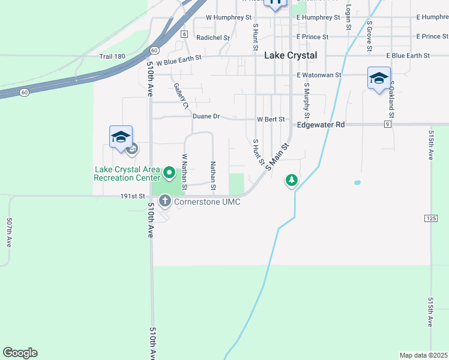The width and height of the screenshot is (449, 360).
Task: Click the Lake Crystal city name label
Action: coord(291,55)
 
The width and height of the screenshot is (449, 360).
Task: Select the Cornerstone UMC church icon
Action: coord(164,201)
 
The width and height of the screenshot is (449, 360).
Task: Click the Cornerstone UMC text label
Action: coord(207,202)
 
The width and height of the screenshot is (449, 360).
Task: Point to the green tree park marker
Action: coord(292,180)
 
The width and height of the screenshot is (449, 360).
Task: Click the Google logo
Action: coord(20,353)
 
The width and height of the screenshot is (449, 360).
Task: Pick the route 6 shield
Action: coord(184,34)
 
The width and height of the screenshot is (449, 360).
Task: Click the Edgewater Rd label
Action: coord(321,125)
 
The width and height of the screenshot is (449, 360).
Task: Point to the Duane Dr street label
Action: coord(206,116)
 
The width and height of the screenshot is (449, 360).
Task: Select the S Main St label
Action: coord(278,155)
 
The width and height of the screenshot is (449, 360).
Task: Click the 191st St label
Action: coord(133,196)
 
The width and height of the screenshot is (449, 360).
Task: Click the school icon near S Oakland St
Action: coord(379,79)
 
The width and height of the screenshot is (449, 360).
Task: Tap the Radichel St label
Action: coord(213,37)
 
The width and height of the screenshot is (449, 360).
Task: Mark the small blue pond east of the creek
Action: coord(358,182)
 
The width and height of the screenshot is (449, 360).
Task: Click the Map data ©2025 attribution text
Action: coord(424,355)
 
